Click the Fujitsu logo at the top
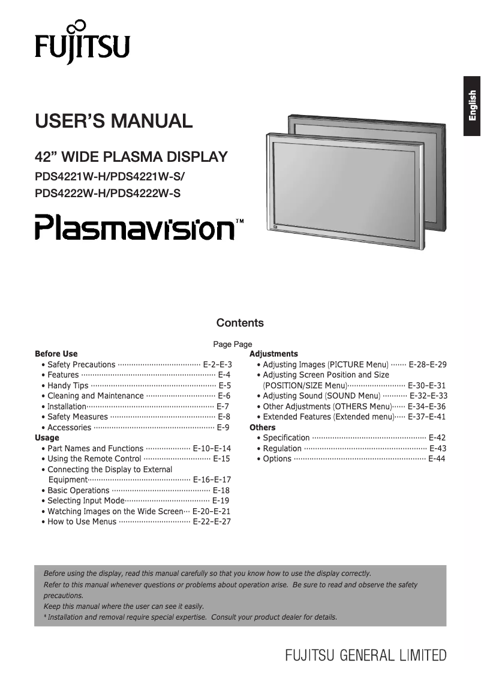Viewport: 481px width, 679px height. (82, 43)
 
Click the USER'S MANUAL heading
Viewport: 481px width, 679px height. (114, 120)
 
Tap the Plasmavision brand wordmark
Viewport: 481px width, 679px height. (134, 228)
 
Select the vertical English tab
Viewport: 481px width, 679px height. (471, 106)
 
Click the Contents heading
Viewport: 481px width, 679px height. (240, 323)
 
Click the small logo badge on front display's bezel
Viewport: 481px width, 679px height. (275, 228)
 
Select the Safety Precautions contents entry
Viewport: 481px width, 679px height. (81, 364)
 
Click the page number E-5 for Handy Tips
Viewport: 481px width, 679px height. (224, 385)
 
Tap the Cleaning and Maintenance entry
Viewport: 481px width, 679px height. (95, 396)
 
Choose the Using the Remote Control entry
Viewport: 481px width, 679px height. (94, 458)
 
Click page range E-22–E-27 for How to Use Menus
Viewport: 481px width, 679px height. (211, 521)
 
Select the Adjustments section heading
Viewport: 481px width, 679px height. (273, 354)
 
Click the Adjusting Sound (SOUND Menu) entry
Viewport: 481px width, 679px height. (321, 396)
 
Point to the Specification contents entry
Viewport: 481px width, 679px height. (286, 437)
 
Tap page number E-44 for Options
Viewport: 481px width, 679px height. (437, 458)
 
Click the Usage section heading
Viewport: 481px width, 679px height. (47, 437)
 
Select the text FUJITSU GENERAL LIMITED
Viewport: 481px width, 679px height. (366, 654)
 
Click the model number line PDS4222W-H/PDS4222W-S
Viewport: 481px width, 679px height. (108, 193)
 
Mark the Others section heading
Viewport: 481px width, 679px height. (262, 427)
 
